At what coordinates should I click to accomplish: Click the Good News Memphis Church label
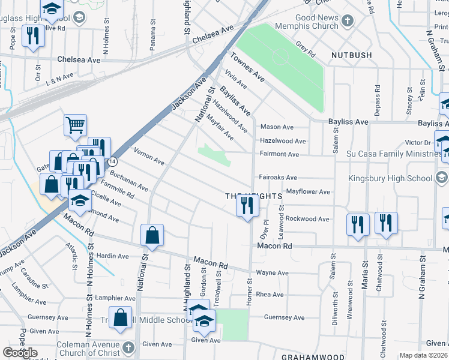click(308, 22)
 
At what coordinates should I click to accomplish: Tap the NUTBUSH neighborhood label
click(351, 55)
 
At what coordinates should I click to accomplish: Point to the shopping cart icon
click(76, 125)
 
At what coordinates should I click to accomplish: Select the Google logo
click(20, 353)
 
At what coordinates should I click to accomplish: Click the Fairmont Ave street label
click(279, 154)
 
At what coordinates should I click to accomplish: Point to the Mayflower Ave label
click(309, 192)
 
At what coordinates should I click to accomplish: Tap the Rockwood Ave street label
click(307, 219)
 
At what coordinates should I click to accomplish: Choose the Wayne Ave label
click(273, 273)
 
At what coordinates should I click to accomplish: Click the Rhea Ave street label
click(270, 295)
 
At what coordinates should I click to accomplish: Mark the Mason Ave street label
click(277, 127)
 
